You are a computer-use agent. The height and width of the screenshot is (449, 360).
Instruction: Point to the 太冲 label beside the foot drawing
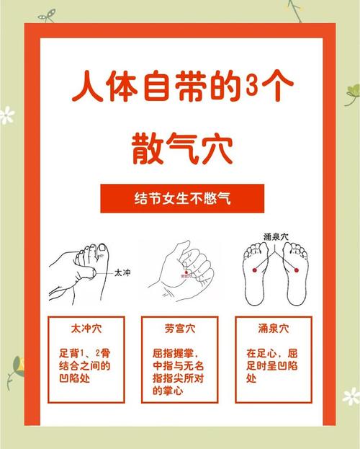click(x=122, y=273)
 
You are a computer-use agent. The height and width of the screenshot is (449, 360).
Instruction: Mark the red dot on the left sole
click(x=257, y=268)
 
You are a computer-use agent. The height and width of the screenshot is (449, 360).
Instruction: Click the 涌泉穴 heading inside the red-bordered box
click(x=272, y=329)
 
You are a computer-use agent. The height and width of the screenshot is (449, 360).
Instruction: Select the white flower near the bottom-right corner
click(x=351, y=395)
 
